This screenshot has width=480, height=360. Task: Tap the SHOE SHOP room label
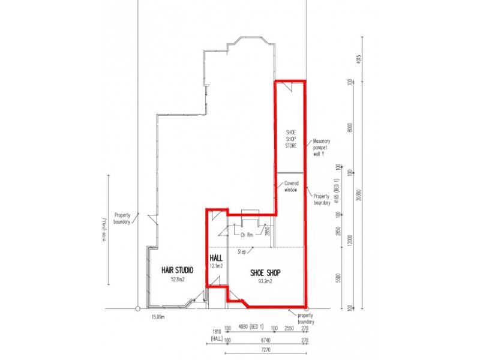point(265,272)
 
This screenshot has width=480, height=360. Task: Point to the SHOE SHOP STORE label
point(290,139)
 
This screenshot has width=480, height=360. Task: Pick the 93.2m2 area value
point(265,281)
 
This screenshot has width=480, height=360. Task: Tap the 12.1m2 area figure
point(216,265)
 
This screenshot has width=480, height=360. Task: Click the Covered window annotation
point(287,187)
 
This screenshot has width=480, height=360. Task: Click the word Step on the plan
point(242,251)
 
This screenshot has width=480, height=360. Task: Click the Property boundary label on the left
point(124,217)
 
